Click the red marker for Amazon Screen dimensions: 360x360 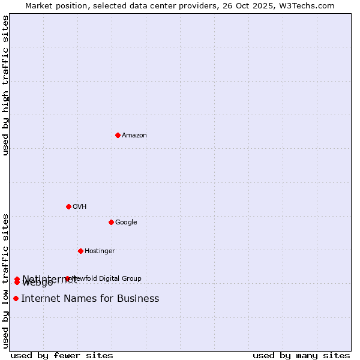(x=118, y=135)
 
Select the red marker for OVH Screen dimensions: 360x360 (x=68, y=206)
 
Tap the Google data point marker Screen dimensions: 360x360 (x=111, y=222)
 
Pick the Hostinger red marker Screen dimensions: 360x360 (x=80, y=251)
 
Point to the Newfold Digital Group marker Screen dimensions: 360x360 (x=67, y=278)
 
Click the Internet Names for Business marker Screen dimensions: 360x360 (x=16, y=298)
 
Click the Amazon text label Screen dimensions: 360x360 (x=134, y=136)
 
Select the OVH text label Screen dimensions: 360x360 (x=80, y=207)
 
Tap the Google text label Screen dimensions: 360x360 (x=126, y=223)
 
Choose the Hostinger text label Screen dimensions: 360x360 (x=100, y=251)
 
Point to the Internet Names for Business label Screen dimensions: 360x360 (x=90, y=299)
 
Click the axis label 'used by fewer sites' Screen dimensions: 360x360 (x=62, y=356)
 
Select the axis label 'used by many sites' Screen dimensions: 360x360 (x=301, y=356)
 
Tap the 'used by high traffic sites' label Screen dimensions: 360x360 (x=5, y=85)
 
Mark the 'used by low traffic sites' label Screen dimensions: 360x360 (x=5, y=281)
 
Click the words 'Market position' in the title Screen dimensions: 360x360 (x=52, y=6)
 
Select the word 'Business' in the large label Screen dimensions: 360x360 (x=138, y=299)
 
